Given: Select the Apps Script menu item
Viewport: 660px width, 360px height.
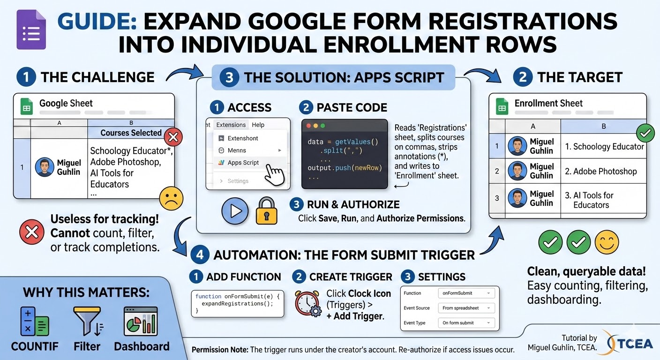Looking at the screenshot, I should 243,163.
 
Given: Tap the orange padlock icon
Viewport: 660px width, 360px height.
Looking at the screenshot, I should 266,211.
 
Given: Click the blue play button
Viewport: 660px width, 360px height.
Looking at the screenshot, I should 235,211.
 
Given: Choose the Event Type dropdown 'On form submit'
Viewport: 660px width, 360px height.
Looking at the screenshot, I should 467,322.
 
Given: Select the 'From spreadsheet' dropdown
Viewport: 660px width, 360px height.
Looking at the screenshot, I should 467,308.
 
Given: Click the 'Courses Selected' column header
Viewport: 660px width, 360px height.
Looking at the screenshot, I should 131,133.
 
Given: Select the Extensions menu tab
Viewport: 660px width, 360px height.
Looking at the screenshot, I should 231,125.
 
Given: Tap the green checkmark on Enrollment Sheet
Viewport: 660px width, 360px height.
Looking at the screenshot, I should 646,134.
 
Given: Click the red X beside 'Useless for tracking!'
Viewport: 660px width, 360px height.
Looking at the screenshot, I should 32,232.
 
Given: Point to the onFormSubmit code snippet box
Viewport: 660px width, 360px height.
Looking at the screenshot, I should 238,304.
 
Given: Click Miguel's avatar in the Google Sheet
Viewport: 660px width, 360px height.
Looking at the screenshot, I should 45,167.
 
